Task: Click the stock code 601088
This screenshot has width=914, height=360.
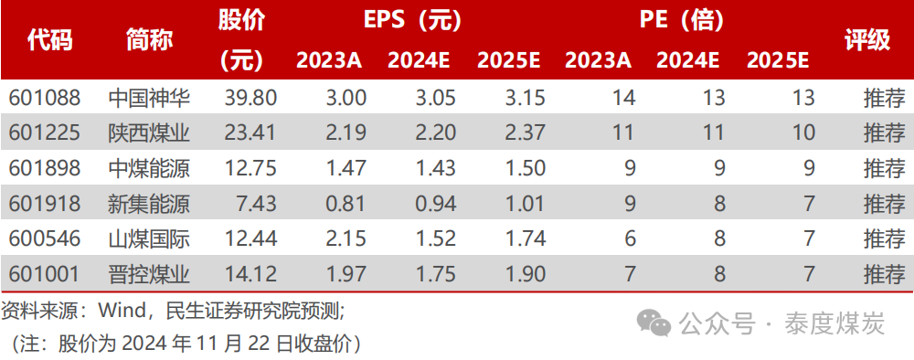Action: tap(45, 98)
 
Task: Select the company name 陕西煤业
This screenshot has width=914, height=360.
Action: tap(149, 133)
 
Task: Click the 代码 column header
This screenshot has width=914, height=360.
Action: tap(49, 40)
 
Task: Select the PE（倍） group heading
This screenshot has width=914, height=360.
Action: tap(686, 19)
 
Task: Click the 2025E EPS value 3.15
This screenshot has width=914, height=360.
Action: tap(525, 98)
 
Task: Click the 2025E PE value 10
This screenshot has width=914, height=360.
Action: tap(803, 133)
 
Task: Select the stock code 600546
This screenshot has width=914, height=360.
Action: tap(45, 239)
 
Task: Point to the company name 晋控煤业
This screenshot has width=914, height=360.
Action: tap(149, 274)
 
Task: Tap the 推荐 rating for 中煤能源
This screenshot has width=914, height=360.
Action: tap(883, 168)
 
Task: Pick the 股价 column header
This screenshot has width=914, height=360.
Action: tap(241, 20)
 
